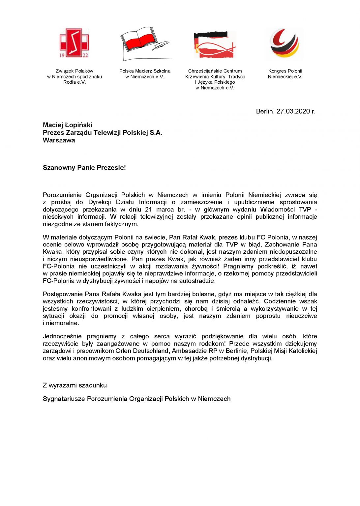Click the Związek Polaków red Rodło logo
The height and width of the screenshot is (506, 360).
click(74, 43)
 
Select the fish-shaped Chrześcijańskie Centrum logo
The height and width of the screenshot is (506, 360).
click(215, 45)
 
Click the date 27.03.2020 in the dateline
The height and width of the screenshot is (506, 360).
click(293, 111)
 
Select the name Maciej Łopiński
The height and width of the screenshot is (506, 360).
click(68, 125)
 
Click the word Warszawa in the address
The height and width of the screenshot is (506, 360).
click(59, 140)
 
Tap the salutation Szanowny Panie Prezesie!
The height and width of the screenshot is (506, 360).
click(84, 168)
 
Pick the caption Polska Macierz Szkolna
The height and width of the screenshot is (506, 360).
click(145, 71)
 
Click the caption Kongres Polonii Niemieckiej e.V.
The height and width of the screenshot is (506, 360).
click(285, 74)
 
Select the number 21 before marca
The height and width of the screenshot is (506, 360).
click(149, 210)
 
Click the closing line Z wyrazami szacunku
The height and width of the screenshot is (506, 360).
click(75, 385)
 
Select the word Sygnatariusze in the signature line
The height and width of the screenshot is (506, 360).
click(64, 399)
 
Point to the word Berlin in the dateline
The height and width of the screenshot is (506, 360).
click(264, 111)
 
